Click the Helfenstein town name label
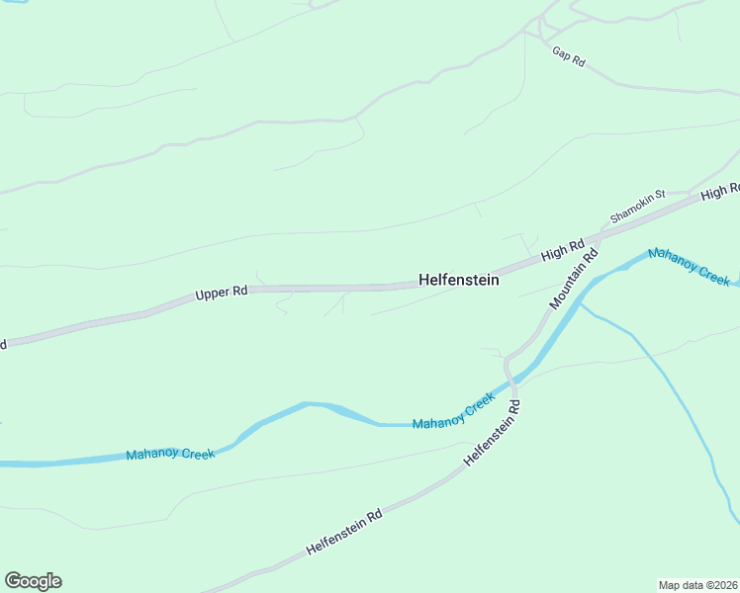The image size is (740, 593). [x=458, y=281]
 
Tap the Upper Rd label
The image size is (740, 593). [x=221, y=293]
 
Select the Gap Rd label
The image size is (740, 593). [x=569, y=56]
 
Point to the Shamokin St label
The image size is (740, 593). [x=637, y=206]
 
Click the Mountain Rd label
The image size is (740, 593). [x=574, y=277]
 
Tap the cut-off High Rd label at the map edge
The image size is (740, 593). [x=720, y=191]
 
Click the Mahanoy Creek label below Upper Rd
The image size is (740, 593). [x=170, y=455]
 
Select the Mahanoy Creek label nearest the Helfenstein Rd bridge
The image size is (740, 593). [x=453, y=410]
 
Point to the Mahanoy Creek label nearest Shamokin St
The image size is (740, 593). [x=689, y=267]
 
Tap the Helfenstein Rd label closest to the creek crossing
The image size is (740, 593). [x=492, y=433]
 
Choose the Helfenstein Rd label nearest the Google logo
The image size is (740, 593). [x=344, y=532]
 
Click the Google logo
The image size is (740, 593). [x=33, y=581]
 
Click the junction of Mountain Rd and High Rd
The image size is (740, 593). [x=600, y=238]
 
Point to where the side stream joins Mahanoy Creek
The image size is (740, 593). [x=579, y=302]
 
